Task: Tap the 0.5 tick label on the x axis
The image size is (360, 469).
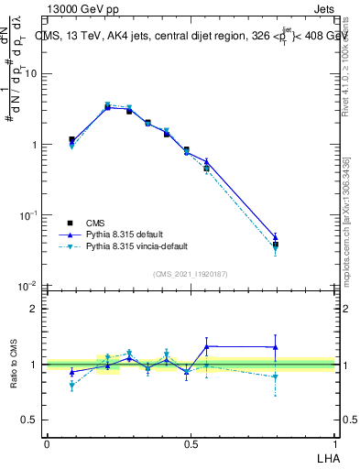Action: (x=191, y=443)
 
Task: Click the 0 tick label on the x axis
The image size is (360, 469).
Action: (x=47, y=443)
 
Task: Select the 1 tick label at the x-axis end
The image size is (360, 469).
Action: (x=334, y=443)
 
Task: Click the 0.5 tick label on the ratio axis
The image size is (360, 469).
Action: (x=29, y=420)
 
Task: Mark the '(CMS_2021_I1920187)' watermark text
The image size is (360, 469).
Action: (x=191, y=274)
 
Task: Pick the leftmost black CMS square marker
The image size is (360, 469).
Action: (x=71, y=140)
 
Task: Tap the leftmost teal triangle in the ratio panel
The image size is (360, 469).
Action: (x=71, y=386)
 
